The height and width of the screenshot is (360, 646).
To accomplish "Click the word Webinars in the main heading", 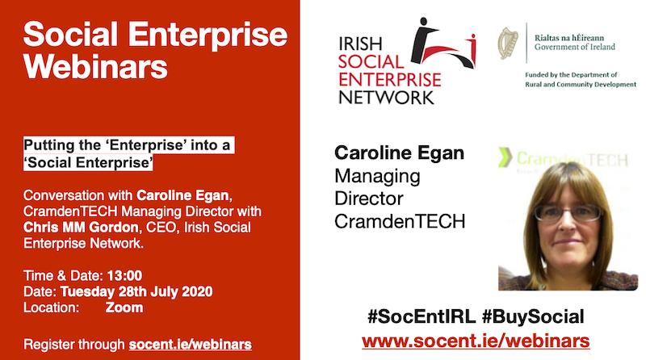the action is [x=95, y=66].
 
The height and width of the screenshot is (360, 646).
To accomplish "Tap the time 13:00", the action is [x=124, y=275].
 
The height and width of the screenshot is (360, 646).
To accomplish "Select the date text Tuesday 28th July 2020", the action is [x=136, y=291].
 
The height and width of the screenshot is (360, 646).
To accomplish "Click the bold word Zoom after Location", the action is [x=124, y=308].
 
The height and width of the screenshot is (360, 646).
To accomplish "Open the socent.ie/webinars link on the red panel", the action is [x=191, y=345].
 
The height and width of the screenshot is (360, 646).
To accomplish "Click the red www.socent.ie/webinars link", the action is [x=476, y=341].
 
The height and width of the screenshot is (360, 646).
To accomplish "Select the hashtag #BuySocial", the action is [x=533, y=316].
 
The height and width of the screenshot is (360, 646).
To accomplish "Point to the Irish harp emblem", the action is [x=508, y=44].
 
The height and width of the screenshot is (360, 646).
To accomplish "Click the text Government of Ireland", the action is [x=575, y=47].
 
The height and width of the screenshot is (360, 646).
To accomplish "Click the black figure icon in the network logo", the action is [x=423, y=40].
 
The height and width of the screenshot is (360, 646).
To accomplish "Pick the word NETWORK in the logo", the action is [x=387, y=98].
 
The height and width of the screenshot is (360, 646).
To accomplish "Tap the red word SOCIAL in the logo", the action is [x=371, y=62].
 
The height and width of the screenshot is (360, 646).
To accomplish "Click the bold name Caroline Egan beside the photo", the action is [x=399, y=153].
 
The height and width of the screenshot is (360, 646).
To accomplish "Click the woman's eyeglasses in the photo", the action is [x=568, y=213].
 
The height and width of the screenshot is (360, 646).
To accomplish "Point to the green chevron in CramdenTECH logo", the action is [x=505, y=157].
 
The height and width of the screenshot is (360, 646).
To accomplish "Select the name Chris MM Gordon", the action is [x=81, y=228].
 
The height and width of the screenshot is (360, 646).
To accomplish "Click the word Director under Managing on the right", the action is [x=369, y=199].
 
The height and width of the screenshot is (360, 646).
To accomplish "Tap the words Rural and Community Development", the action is [x=581, y=85].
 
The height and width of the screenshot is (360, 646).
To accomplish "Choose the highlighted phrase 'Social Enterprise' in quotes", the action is [x=88, y=163].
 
